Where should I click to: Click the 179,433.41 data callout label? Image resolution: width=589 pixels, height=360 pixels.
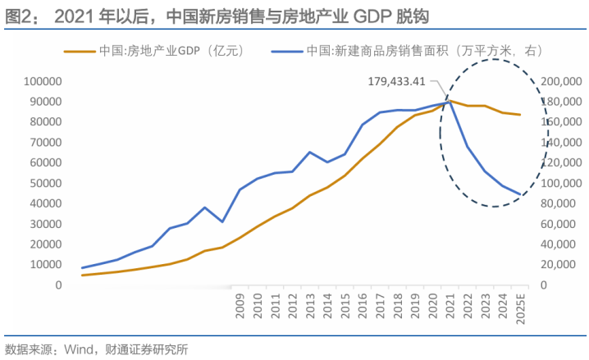tap(397, 81)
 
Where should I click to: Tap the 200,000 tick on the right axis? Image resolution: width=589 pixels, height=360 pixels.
tap(562, 81)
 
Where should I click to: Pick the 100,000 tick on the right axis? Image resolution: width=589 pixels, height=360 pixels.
tap(562, 183)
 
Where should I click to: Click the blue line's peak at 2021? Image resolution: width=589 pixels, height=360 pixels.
tap(450, 102)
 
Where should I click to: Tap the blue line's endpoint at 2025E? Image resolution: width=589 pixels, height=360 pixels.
tap(520, 194)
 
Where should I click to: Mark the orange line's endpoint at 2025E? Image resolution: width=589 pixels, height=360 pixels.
tap(520, 115)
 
